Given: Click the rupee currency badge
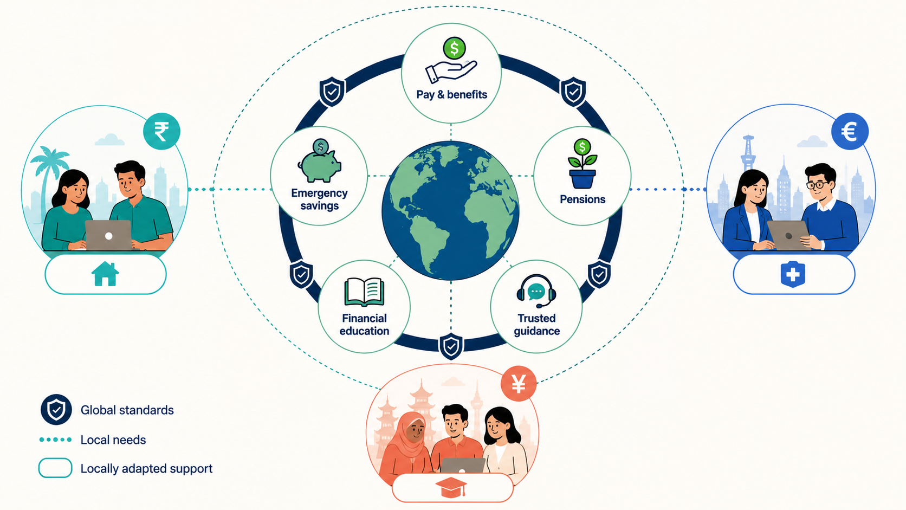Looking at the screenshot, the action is (x=161, y=131).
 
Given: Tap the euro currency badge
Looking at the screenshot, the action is (x=850, y=131).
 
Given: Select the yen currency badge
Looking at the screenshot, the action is (x=519, y=383).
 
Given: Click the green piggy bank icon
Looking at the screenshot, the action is (x=320, y=161).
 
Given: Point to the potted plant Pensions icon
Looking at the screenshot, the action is (x=583, y=164).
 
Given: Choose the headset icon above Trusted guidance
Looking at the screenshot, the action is (x=536, y=291).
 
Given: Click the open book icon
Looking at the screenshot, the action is (x=364, y=292).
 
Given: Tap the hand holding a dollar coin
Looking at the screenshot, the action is (x=452, y=61).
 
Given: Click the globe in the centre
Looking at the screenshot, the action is (x=451, y=210).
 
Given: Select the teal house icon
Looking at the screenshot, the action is (x=105, y=274).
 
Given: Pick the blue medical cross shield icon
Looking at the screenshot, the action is (x=793, y=274).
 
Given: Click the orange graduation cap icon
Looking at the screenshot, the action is (x=451, y=487).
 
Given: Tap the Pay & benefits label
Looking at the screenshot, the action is (x=452, y=95).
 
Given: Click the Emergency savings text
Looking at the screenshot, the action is (x=320, y=199).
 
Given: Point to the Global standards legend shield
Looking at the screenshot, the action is (x=56, y=410).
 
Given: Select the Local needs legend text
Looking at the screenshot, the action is (x=113, y=440).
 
